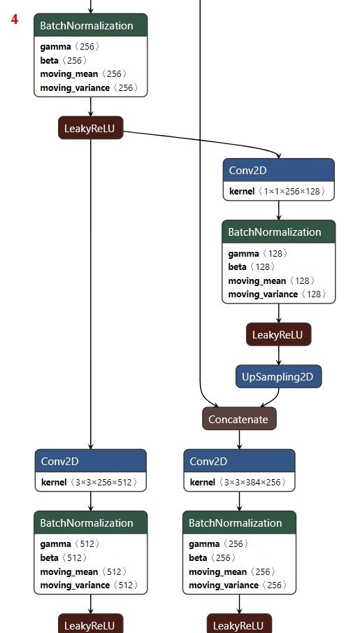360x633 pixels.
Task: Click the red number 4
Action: click(x=15, y=19)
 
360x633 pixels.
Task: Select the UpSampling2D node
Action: click(x=278, y=376)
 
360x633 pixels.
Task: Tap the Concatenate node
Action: click(x=239, y=419)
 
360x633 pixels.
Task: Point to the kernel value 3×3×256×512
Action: click(x=103, y=482)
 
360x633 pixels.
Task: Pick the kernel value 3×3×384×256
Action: click(x=252, y=482)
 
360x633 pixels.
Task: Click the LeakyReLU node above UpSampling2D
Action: click(x=278, y=334)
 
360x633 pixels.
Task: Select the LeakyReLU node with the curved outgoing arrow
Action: click(x=90, y=128)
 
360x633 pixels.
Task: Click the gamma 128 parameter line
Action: click(x=258, y=253)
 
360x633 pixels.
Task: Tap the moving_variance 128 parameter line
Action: click(x=277, y=294)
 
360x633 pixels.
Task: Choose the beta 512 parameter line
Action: click(x=64, y=557)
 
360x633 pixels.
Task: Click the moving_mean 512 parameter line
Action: click(x=83, y=571)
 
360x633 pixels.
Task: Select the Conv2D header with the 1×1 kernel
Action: click(x=278, y=170)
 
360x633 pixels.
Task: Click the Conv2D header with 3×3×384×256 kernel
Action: click(x=239, y=461)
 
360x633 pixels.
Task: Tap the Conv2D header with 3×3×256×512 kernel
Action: click(x=90, y=461)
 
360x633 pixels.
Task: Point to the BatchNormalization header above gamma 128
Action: click(x=278, y=232)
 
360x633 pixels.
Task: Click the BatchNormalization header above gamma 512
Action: click(x=90, y=522)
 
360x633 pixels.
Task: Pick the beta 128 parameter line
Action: click(x=252, y=267)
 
